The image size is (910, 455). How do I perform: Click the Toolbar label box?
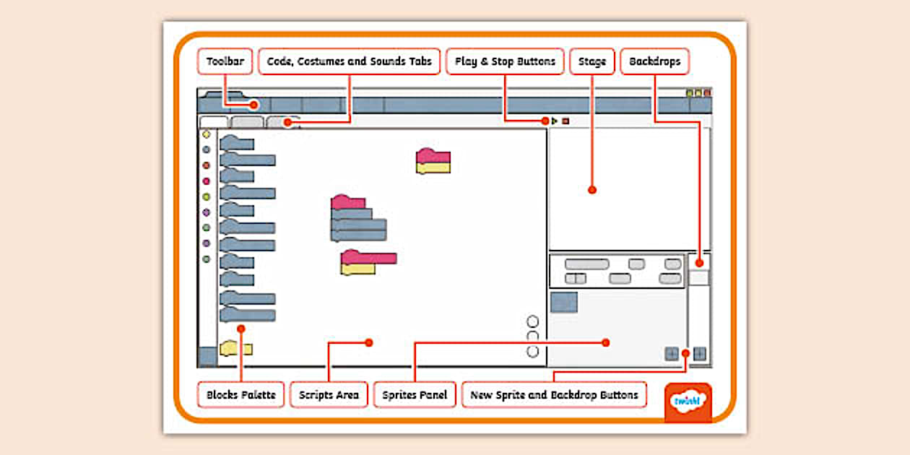coord(225,61)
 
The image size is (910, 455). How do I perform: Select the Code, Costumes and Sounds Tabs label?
coord(349,61)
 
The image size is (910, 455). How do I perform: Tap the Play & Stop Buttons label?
coord(505,61)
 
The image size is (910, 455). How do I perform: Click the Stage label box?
coord(591,61)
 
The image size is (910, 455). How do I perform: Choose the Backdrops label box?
coord(654,61)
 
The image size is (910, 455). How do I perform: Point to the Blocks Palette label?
coord(240,395)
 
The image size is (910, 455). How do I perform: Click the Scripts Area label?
coord(329,395)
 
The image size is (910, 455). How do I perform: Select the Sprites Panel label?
coord(415,395)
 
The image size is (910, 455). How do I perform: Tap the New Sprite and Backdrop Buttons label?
coord(554,395)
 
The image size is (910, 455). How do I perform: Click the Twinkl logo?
coord(688,402)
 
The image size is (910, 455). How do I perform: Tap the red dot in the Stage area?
coord(592,190)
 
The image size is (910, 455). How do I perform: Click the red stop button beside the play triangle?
coord(565,121)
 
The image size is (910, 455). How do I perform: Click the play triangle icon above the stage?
coord(555,121)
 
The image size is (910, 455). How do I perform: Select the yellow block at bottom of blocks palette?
coord(236,350)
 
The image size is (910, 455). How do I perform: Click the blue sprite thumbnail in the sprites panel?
coord(564,302)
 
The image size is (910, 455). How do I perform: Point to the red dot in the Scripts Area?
coord(368,342)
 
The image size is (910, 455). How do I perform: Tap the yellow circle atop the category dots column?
coord(206,134)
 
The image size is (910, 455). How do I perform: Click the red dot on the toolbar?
coord(254,105)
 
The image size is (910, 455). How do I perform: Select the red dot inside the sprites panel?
coord(606,342)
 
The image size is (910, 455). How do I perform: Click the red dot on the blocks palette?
coord(240,329)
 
